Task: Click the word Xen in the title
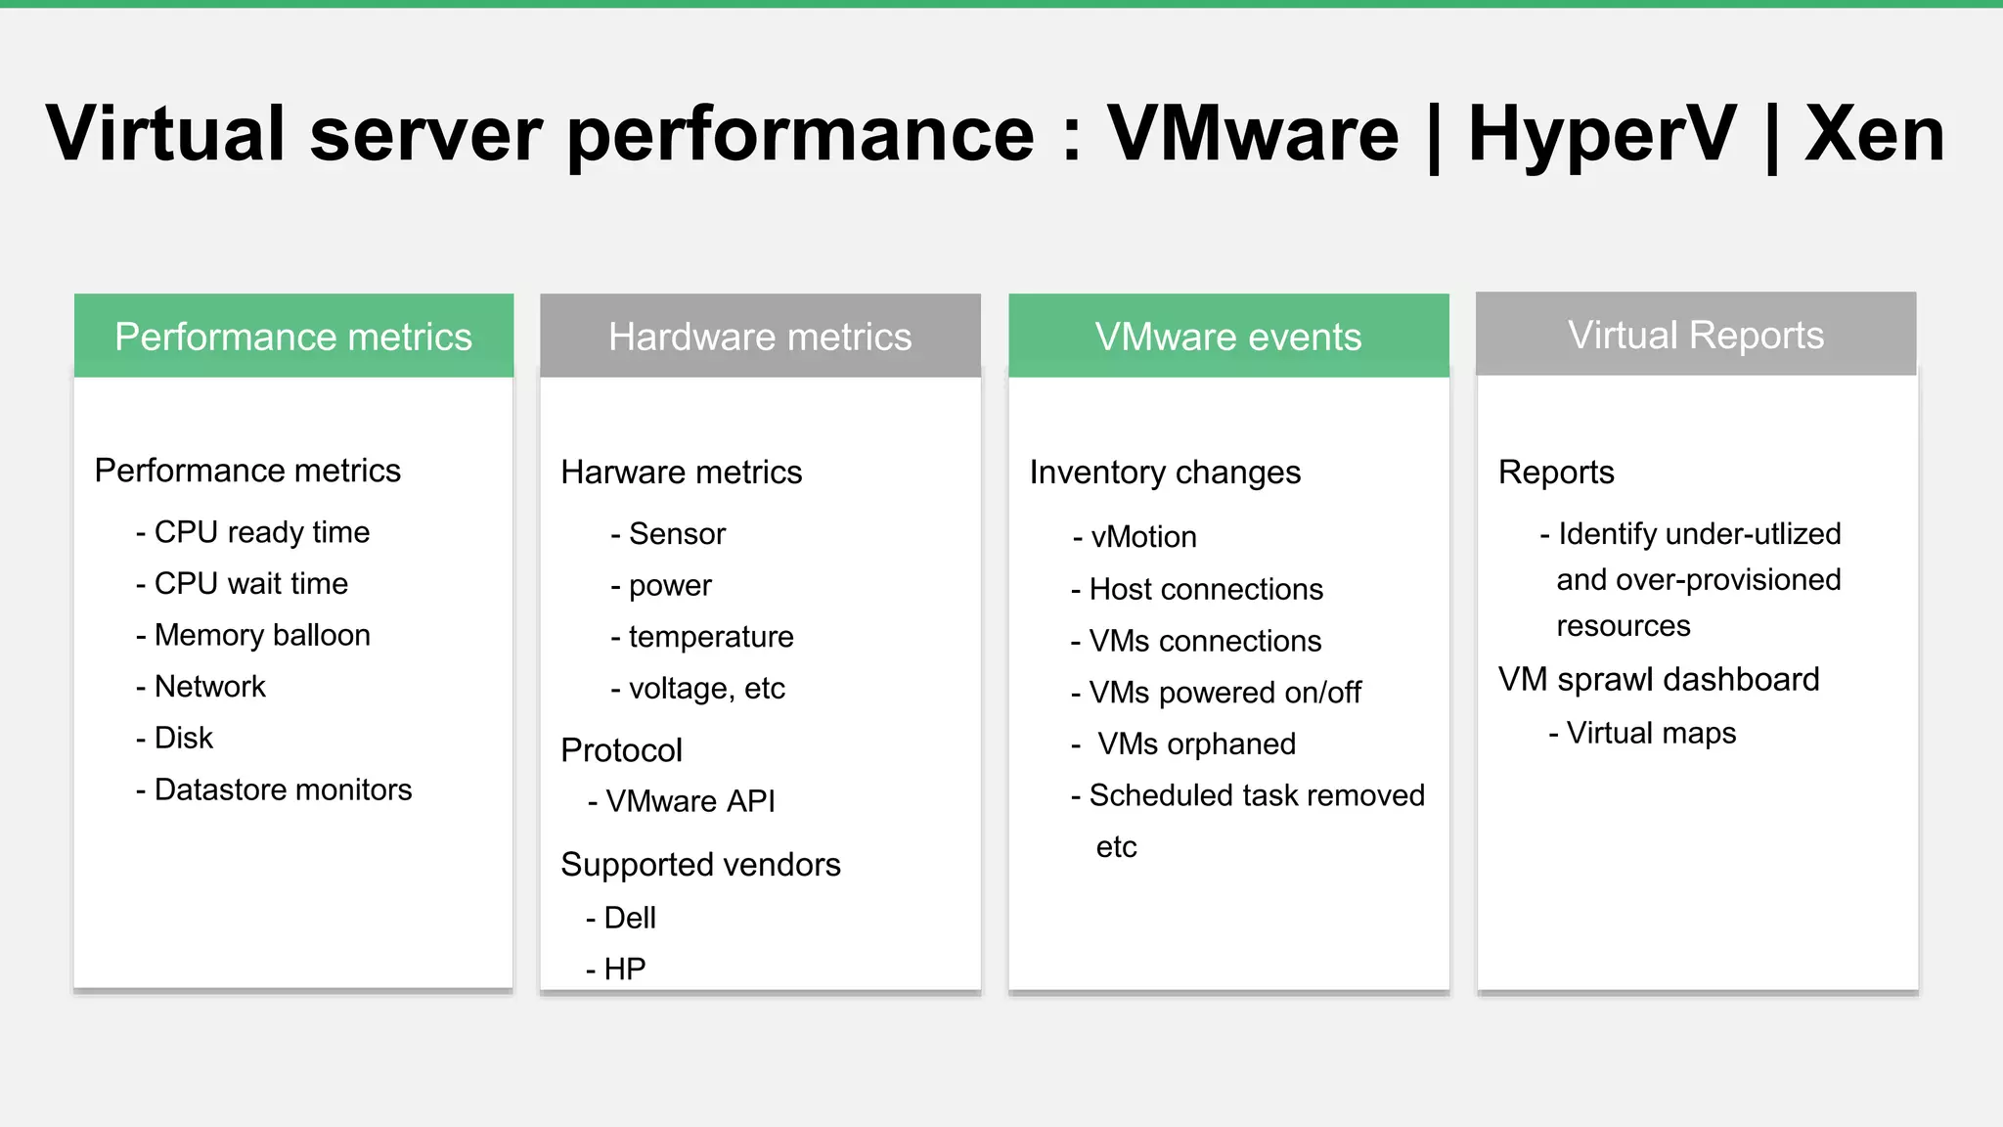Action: click(x=1874, y=134)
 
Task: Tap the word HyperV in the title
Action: click(x=1602, y=134)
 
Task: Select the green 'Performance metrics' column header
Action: click(x=293, y=337)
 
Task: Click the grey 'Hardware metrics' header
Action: click(x=760, y=337)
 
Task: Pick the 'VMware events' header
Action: click(x=1228, y=337)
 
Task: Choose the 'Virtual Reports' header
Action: click(x=1696, y=335)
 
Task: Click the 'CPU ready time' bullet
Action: click(x=261, y=532)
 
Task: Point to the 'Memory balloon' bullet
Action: click(x=261, y=635)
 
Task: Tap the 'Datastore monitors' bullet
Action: click(x=283, y=789)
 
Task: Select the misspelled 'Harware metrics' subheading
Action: click(x=681, y=473)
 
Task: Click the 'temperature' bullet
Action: click(x=710, y=637)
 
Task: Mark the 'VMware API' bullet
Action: click(x=690, y=801)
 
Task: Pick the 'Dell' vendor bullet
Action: click(x=629, y=918)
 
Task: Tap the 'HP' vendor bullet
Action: click(x=624, y=969)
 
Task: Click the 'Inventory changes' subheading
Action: click(x=1165, y=473)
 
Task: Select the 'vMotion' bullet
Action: click(x=1143, y=537)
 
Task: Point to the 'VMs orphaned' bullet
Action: click(x=1195, y=744)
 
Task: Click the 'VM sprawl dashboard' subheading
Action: click(x=1659, y=679)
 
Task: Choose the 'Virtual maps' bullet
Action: click(x=1651, y=733)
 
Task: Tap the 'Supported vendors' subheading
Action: click(x=700, y=865)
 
